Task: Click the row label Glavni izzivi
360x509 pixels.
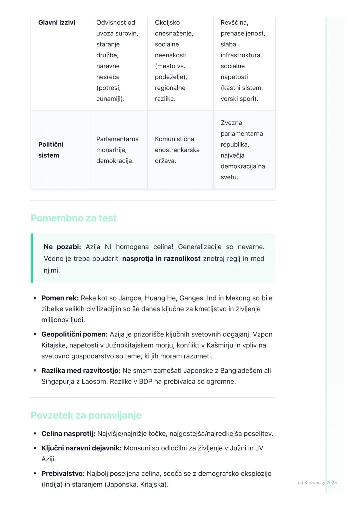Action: coord(57,23)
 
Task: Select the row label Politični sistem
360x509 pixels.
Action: coord(51,150)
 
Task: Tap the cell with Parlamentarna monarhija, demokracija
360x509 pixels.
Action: coord(117,150)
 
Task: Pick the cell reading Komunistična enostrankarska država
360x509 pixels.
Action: coord(177,150)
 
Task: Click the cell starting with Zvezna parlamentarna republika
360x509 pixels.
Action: coord(243,150)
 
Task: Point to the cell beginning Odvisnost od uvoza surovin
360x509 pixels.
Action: coord(117,61)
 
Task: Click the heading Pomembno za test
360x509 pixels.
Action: coord(74,218)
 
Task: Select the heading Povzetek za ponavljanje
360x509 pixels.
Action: coord(86,415)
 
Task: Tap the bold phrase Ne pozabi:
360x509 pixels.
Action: coord(62,247)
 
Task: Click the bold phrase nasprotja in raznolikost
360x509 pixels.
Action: coord(161,258)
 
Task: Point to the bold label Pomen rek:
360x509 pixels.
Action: coord(60,298)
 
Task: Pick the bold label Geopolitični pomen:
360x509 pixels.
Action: coord(75,334)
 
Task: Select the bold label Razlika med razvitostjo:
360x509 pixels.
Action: coord(81,371)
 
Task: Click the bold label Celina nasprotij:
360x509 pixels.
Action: coord(68,434)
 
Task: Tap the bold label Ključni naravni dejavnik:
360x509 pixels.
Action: coord(81,448)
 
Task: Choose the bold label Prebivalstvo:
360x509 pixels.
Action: coord(63,474)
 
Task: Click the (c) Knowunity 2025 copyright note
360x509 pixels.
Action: coord(317,483)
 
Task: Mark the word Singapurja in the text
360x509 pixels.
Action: coord(57,382)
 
